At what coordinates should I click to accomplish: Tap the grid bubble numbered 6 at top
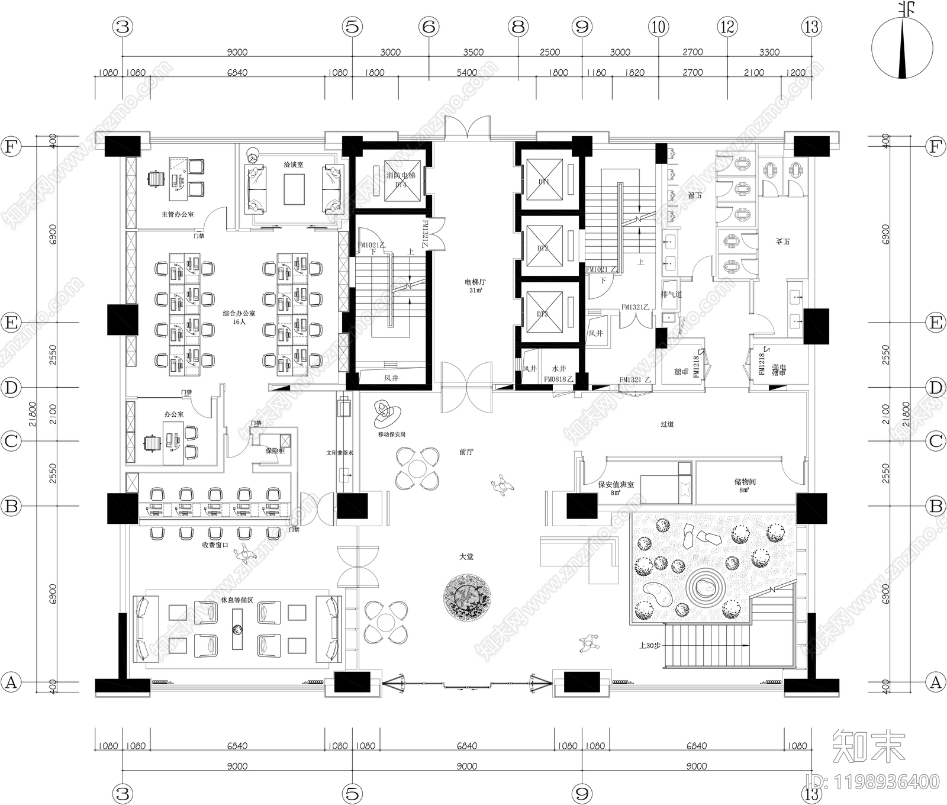(429, 27)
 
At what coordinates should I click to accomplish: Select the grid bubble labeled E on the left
(11, 323)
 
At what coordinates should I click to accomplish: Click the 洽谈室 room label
(293, 164)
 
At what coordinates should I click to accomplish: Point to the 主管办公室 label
(178, 214)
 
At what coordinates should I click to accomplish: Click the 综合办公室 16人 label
(239, 317)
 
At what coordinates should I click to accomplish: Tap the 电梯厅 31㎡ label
(475, 286)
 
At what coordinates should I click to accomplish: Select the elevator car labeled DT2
(543, 249)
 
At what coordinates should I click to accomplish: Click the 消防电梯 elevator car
(401, 179)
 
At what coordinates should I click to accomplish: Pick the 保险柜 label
(275, 450)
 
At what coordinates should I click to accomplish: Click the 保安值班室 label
(616, 485)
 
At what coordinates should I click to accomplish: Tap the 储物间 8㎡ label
(745, 485)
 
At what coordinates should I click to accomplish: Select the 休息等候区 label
(237, 600)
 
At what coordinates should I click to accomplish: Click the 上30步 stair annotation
(649, 646)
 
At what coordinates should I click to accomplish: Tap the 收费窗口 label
(215, 545)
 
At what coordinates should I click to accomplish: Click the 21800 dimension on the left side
(33, 414)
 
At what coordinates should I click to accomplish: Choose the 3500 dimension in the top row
(473, 52)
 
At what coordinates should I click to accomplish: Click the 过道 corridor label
(667, 424)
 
